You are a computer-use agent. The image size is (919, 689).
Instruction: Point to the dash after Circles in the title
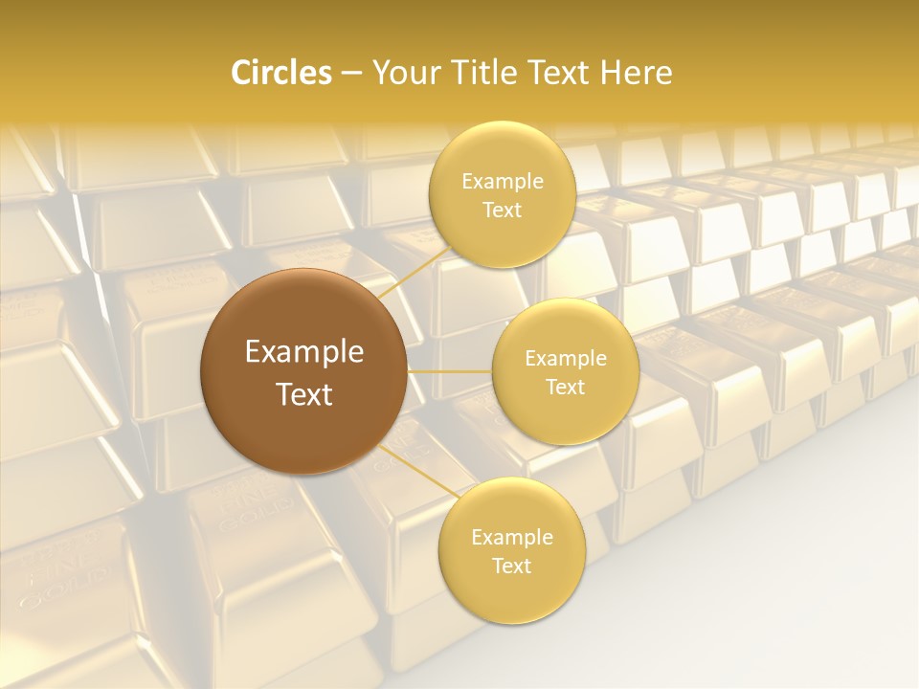(351, 74)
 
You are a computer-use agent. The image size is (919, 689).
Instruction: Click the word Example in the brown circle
(304, 352)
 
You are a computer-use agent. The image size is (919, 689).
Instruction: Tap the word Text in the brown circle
(304, 394)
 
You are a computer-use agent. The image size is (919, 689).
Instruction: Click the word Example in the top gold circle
(502, 182)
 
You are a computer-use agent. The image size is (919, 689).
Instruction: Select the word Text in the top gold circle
(502, 211)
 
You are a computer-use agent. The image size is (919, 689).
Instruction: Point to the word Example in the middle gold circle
(565, 359)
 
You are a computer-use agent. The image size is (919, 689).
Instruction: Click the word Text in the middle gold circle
(565, 388)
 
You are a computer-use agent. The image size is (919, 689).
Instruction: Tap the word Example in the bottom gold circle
(511, 538)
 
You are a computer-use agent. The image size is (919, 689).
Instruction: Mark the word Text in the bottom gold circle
(511, 567)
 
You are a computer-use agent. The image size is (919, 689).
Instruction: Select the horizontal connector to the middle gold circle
(450, 371)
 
